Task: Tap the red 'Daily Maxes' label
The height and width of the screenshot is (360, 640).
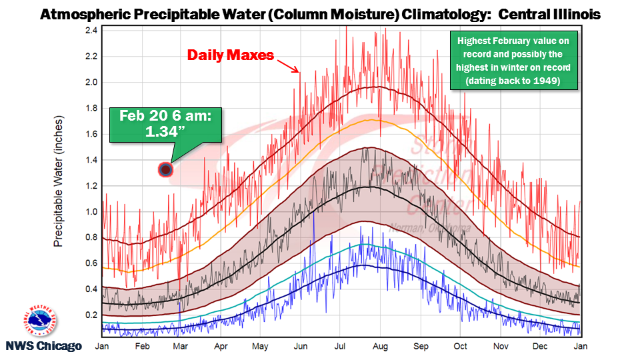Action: [230, 55]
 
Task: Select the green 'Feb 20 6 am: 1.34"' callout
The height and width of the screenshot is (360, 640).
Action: [165, 123]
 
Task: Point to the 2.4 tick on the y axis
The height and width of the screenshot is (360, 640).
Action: [91, 31]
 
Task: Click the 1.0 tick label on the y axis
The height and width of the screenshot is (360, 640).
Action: [91, 212]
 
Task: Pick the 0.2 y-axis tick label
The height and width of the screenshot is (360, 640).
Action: [91, 315]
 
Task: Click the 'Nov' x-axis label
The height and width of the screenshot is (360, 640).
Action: [499, 347]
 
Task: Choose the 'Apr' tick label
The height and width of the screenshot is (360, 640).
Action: [221, 347]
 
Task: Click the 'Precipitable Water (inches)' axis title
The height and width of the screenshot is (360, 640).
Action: [58, 180]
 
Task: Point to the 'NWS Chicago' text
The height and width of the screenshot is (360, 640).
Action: [44, 346]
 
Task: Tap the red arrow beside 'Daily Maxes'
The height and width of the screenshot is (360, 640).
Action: [287, 65]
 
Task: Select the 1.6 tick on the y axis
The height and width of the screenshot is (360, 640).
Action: [91, 134]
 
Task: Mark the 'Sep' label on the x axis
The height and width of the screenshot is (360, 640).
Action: [421, 347]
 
